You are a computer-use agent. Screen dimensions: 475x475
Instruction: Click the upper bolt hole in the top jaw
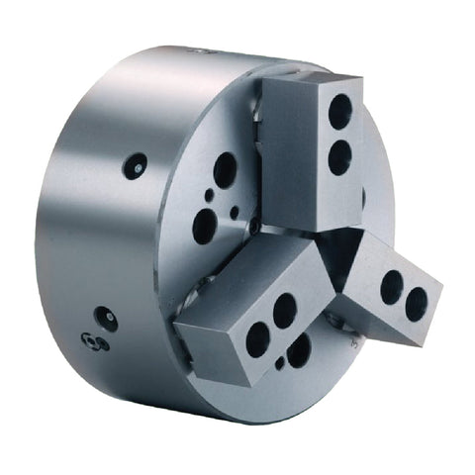pos(339,111)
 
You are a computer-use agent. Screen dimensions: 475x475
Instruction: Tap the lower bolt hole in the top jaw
pos(339,155)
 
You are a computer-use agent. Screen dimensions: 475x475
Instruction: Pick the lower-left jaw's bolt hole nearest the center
pos(284,310)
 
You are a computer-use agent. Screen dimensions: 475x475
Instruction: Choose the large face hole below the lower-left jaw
pos(299,349)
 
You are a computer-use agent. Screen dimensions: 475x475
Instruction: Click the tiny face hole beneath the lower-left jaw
pos(280,363)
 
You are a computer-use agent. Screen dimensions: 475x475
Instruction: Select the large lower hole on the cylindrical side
pos(106,319)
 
